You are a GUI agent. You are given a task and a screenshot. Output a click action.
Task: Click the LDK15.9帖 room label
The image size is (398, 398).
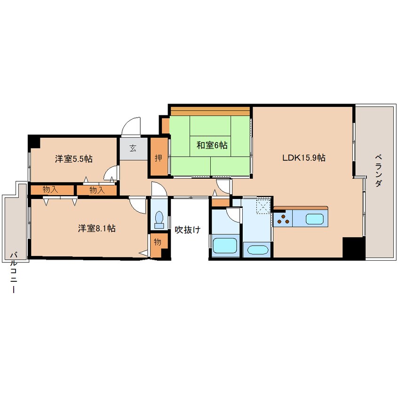[x=303, y=158]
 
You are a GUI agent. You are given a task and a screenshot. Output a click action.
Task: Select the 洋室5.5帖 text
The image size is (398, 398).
[x=73, y=159]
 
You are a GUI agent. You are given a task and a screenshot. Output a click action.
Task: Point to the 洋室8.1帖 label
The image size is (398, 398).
[x=97, y=229]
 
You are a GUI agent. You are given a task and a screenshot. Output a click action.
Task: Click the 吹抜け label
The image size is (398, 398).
[x=188, y=230]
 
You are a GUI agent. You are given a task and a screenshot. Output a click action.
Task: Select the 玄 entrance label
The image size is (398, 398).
[x=133, y=148]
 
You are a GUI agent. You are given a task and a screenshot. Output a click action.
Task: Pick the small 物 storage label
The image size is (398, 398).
[x=157, y=242]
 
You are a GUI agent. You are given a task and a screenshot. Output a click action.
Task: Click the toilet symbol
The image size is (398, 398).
[x=159, y=219]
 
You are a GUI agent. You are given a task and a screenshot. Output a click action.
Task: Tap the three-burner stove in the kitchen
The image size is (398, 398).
[x=283, y=219]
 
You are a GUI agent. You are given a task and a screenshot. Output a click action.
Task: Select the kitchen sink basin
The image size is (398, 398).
[x=314, y=219]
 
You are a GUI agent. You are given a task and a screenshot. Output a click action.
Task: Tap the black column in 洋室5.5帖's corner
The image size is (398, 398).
[x=34, y=141]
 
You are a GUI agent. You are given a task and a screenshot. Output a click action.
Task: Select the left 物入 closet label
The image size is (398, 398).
[x=50, y=190]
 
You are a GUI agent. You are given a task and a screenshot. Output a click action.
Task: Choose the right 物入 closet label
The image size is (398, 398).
[x=96, y=190]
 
